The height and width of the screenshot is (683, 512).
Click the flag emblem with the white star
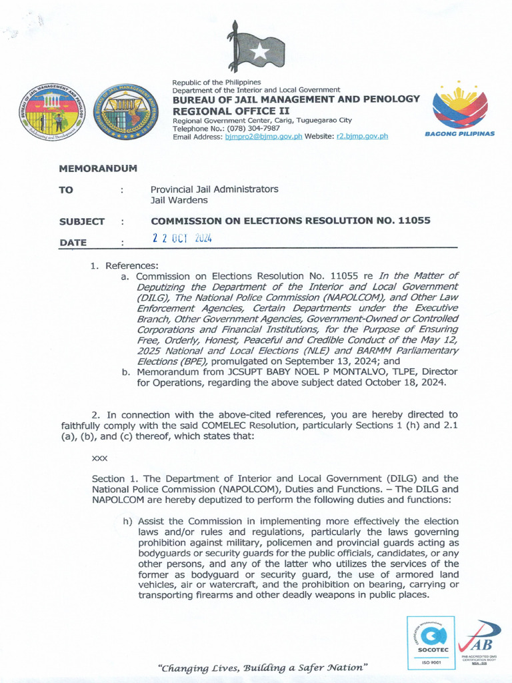(x=257, y=48)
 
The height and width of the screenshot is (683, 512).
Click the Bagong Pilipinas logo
(x=459, y=110)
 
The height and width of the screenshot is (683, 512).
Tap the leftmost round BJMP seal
(x=51, y=111)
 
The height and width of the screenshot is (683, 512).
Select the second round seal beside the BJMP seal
(x=121, y=111)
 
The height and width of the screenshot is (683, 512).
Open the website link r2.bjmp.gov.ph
(x=361, y=136)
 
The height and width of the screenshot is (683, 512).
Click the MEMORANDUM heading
(x=97, y=168)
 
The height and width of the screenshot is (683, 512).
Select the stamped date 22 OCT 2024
(x=181, y=239)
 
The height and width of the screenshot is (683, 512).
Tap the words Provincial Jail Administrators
(x=214, y=189)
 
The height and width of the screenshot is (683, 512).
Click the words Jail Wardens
(x=179, y=199)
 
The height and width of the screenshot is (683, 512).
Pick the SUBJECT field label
(x=81, y=221)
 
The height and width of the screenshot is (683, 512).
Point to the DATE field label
(x=73, y=243)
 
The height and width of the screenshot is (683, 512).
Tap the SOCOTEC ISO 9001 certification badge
(x=431, y=643)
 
